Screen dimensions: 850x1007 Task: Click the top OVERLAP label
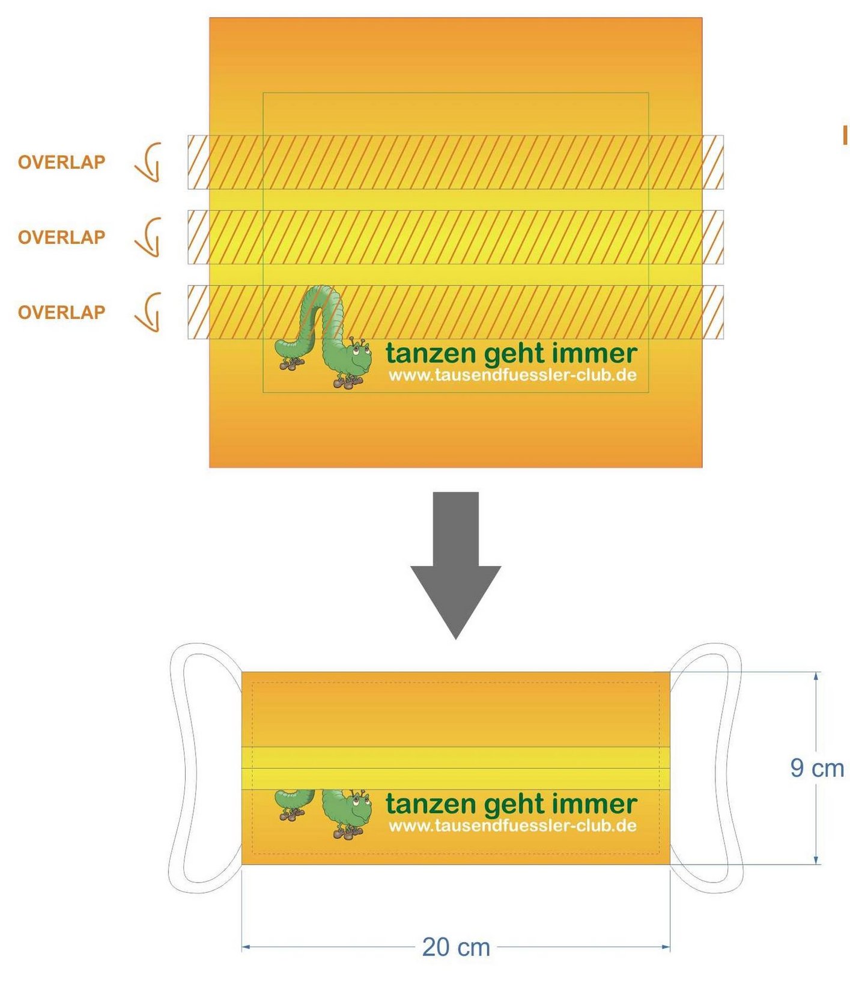tap(61, 162)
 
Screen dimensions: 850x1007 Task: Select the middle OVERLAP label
tap(61, 237)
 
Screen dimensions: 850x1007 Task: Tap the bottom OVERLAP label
tap(61, 312)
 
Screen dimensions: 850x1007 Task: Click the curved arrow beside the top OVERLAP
tap(148, 162)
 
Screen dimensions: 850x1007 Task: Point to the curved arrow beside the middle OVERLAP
tap(148, 237)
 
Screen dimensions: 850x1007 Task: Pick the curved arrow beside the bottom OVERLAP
tap(148, 312)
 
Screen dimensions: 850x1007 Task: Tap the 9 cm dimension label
tap(817, 768)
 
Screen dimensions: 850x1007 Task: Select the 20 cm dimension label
tap(456, 947)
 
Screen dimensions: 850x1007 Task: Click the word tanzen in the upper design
tap(431, 353)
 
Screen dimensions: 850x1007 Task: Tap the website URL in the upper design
tap(512, 376)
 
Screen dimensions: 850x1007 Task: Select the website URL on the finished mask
tap(512, 826)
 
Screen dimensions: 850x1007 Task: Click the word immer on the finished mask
tap(595, 803)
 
